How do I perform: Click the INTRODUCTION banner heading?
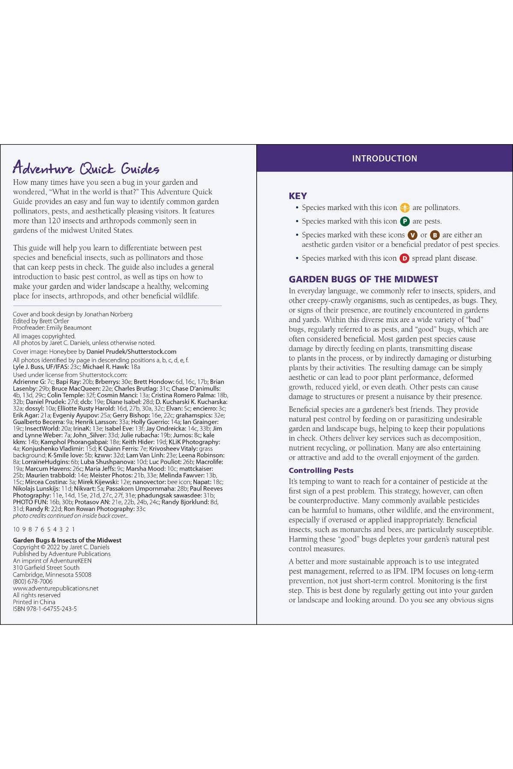pyautogui.click(x=384, y=158)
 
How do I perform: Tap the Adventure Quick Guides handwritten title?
pyautogui.click(x=86, y=168)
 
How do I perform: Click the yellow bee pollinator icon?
pyautogui.click(x=405, y=208)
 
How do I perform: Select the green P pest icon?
pyautogui.click(x=405, y=222)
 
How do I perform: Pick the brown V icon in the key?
pyautogui.click(x=412, y=235)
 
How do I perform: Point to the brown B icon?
pyautogui.click(x=435, y=235)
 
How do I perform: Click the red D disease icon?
pyautogui.click(x=404, y=258)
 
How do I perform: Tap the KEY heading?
pyautogui.click(x=298, y=196)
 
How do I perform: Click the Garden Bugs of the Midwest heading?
pyautogui.click(x=363, y=279)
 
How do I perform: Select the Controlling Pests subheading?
pyautogui.click(x=321, y=470)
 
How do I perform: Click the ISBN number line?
pyautogui.click(x=45, y=609)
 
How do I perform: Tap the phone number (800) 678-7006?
pyautogui.click(x=33, y=581)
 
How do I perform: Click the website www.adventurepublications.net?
pyautogui.click(x=56, y=588)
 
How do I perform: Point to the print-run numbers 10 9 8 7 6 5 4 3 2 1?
pyautogui.click(x=44, y=529)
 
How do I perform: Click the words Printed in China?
pyautogui.click(x=34, y=602)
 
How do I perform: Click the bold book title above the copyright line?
pyautogui.click(x=67, y=540)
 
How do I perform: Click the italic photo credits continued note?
pyautogui.click(x=70, y=516)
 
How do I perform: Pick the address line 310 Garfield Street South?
pyautogui.click(x=46, y=568)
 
